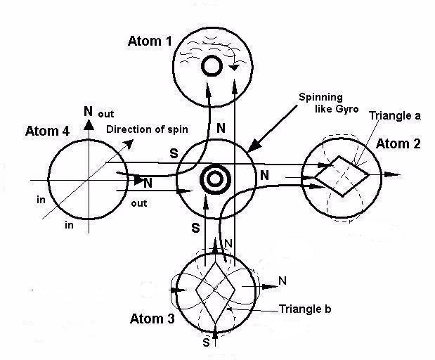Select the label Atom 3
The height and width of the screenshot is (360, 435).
pyautogui.click(x=152, y=319)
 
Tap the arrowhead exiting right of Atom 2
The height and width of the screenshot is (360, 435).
pyautogui.click(x=399, y=174)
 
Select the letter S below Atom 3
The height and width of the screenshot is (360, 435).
pyautogui.click(x=206, y=343)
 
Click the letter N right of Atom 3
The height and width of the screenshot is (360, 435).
pyautogui.click(x=283, y=281)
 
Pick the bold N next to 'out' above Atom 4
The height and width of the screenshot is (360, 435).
pyautogui.click(x=88, y=111)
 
